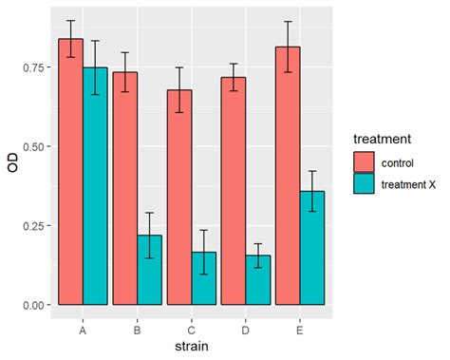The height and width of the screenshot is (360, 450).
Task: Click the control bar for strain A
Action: click(71, 172)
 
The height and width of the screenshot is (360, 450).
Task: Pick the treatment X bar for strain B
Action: click(149, 270)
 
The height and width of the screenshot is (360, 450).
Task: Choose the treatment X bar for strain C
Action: click(204, 278)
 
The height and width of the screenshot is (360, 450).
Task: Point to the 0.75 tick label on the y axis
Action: click(35, 68)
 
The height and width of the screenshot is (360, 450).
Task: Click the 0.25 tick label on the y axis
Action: click(35, 226)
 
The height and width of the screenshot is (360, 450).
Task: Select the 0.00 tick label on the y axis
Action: click(35, 305)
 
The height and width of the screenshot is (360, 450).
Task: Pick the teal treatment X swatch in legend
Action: click(366, 183)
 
